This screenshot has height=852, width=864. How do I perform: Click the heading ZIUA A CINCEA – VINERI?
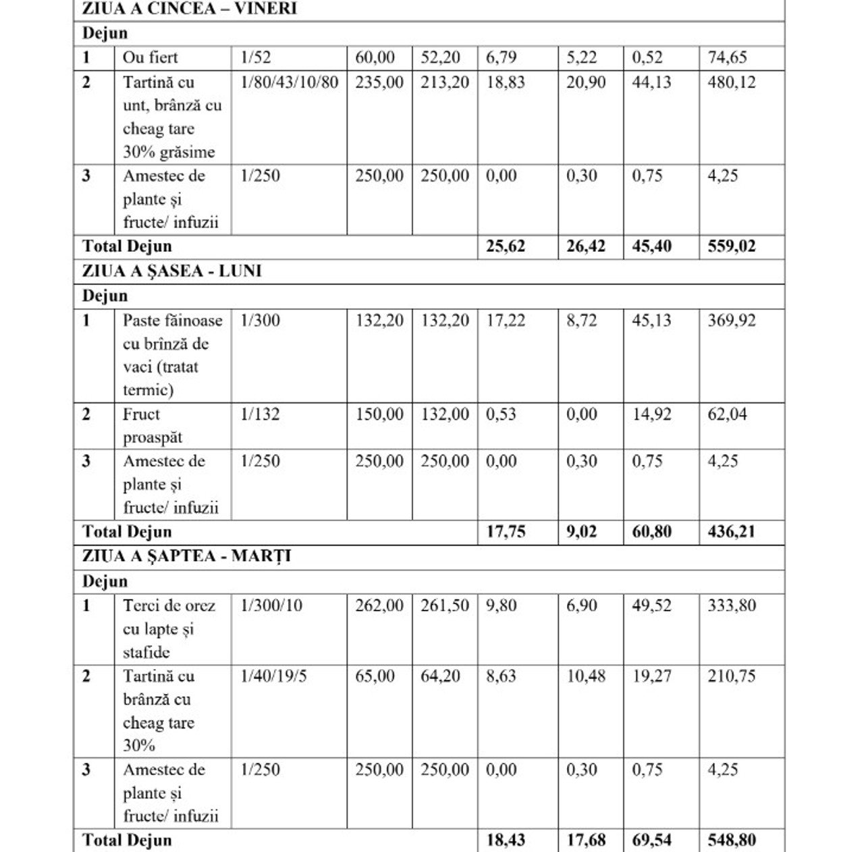click(x=189, y=9)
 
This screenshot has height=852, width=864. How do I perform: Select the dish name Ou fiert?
click(x=150, y=57)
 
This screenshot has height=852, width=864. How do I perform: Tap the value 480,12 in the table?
click(x=731, y=82)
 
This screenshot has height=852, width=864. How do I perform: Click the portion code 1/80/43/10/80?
click(x=289, y=82)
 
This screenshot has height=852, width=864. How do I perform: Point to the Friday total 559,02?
click(x=731, y=246)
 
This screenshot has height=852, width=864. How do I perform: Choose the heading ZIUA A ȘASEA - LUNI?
click(x=171, y=271)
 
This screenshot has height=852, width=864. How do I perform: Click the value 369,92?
click(x=731, y=320)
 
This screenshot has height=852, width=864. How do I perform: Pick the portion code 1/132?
click(x=260, y=414)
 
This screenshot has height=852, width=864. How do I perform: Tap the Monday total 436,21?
click(x=731, y=532)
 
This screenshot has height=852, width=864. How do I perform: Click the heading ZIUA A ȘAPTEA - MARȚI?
click(x=186, y=557)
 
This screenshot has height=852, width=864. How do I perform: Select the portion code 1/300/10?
click(x=271, y=606)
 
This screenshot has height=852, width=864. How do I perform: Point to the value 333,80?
click(x=731, y=606)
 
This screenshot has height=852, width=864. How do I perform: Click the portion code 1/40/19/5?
click(x=273, y=676)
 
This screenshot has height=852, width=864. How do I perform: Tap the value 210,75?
click(x=731, y=676)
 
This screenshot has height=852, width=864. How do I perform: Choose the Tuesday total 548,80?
click(x=731, y=841)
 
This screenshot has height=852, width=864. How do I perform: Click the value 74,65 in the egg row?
click(x=727, y=57)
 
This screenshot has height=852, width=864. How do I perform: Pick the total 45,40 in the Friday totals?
click(x=651, y=246)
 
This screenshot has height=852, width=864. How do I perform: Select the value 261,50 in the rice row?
click(x=444, y=606)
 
